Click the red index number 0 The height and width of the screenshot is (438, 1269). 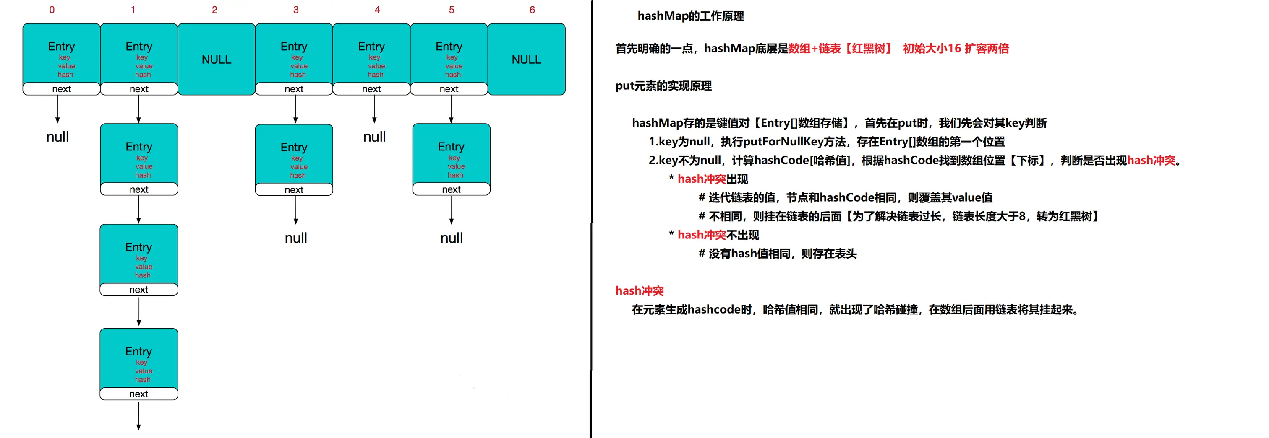tap(52, 10)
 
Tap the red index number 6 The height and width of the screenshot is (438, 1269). tap(532, 10)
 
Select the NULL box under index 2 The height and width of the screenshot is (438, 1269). tap(216, 60)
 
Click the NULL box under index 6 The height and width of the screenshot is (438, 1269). tap(526, 60)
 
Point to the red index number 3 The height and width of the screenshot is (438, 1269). tap(295, 10)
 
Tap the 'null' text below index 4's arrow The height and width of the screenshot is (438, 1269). tap(374, 137)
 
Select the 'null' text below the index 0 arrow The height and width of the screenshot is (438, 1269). tap(57, 137)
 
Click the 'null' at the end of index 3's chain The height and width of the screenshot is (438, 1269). tap(295, 238)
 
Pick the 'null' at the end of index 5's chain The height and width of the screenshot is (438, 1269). tap(451, 238)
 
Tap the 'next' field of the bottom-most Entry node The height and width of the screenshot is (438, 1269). tap(138, 394)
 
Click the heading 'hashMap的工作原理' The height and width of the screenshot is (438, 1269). tap(690, 16)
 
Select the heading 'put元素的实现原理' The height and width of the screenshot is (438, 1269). tap(663, 86)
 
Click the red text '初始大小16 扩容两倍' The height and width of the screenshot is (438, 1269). tap(955, 48)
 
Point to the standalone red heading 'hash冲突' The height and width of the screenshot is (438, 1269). tap(640, 291)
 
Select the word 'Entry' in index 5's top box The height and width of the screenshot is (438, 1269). tap(449, 47)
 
